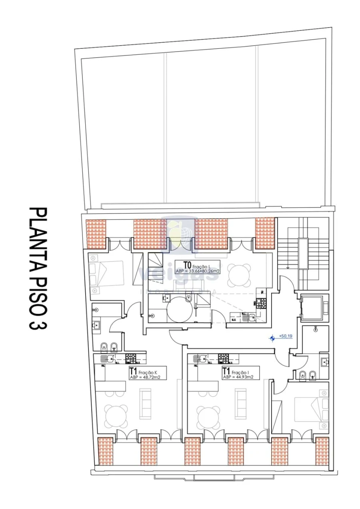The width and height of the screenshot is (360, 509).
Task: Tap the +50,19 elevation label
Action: (x=286, y=336)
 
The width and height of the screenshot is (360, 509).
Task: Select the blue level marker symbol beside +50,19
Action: (x=272, y=338)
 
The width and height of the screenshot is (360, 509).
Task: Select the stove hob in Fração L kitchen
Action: (x=261, y=303)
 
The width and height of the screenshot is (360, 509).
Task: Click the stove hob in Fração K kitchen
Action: (x=130, y=358)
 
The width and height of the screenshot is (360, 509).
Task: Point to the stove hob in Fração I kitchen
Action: (x=223, y=358)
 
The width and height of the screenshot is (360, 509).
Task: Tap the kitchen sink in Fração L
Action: (x=251, y=317)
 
